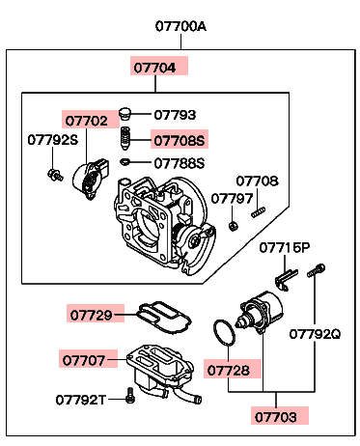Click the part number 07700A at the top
180,26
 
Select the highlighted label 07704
154,68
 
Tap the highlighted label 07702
86,121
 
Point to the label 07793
175,115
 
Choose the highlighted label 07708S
180,141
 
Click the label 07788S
180,163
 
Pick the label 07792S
53,140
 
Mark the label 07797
232,199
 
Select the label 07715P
285,248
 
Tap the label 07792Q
315,334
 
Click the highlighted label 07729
92,315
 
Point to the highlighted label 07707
84,360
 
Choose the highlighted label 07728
229,371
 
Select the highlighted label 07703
276,417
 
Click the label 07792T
80,400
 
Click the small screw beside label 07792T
130,395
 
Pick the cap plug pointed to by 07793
125,114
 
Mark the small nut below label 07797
233,226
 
